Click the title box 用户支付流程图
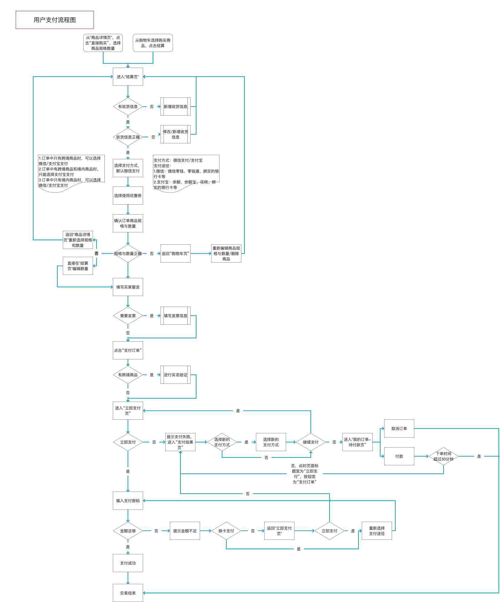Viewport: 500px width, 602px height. coord(55,20)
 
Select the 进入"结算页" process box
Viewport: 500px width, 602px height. coord(128,77)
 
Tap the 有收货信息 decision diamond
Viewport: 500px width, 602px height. coord(128,107)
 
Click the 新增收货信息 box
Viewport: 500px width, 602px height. coord(176,107)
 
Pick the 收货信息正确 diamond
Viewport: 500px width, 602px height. coord(128,137)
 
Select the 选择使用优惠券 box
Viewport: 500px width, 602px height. coord(128,196)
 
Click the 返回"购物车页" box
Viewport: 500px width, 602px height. coord(176,253)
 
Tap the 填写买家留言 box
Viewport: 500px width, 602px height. coord(128,287)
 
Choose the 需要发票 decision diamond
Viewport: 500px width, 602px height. coord(128,316)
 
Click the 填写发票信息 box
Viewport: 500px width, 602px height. coord(176,316)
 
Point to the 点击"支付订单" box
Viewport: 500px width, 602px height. coord(128,350)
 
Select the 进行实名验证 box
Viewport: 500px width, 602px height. coord(176,375)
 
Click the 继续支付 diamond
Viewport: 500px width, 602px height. coord(311,442)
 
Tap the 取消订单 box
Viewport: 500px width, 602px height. coord(399,428)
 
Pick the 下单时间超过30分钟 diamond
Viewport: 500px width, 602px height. coord(444,456)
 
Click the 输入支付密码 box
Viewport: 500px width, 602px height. coord(128,501)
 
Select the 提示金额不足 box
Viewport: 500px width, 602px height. coord(185,531)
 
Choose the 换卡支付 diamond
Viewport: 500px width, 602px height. coord(226,531)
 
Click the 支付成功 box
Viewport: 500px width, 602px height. coord(128,563)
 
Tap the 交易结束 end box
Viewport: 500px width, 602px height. coord(128,593)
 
